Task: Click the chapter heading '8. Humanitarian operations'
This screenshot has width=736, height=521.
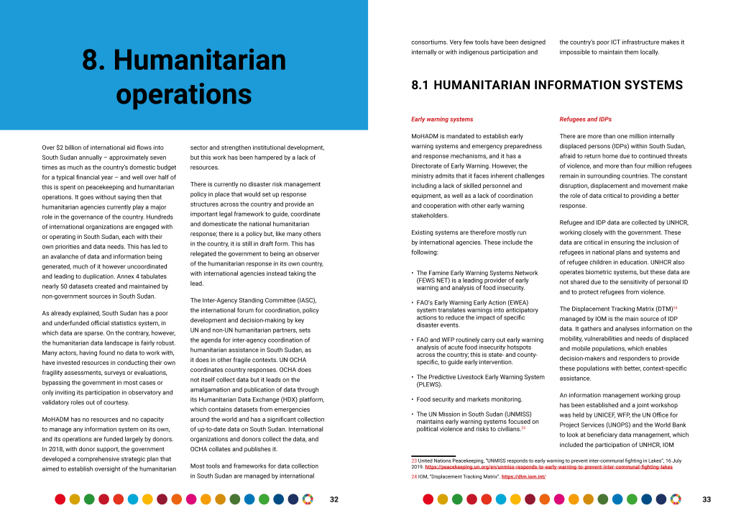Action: (184, 77)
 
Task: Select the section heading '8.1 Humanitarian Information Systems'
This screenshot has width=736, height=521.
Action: (547, 86)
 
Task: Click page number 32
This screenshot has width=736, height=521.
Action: (334, 499)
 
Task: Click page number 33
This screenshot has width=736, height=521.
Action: (707, 499)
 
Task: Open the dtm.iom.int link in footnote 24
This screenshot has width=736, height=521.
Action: (523, 476)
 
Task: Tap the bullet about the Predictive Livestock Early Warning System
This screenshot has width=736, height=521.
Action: (480, 381)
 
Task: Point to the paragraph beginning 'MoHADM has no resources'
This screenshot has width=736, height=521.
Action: (108, 444)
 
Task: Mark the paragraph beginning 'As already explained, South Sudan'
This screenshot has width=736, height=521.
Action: (108, 358)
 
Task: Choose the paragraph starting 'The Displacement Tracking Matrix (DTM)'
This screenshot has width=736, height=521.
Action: (625, 343)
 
